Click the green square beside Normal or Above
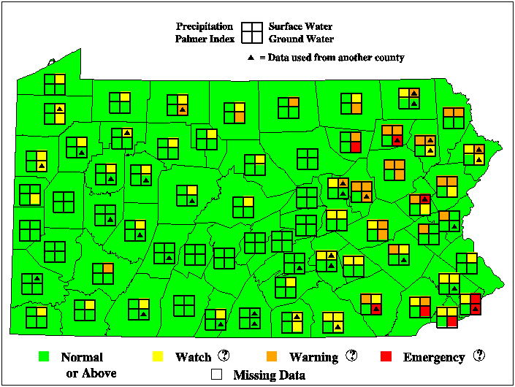43,357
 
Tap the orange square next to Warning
272,357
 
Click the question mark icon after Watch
224,356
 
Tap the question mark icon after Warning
351,356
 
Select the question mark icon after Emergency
478,356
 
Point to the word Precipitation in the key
205,26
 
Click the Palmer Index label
205,39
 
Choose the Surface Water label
301,26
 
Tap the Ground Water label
301,39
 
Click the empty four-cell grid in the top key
253,32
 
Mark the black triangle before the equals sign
251,57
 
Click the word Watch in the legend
193,357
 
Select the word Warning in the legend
313,357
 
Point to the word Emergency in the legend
433,357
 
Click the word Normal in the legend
82,357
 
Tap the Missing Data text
269,375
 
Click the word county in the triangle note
388,57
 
